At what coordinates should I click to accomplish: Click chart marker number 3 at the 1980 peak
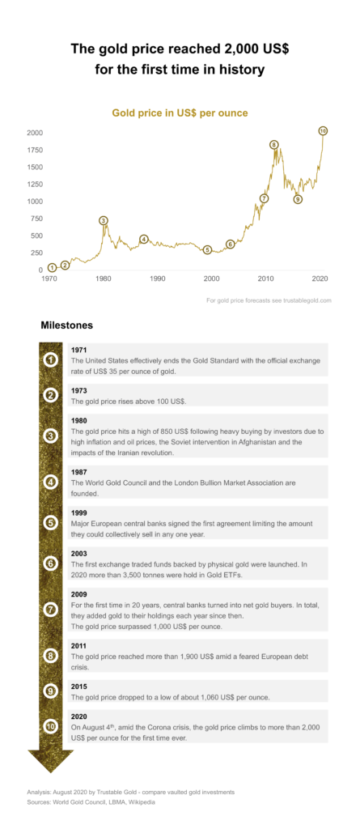104,220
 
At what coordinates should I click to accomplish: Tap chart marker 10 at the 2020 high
323,130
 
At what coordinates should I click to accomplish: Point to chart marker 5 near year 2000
207,249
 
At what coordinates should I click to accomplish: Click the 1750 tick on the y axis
34,150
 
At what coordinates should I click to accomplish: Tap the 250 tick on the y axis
36,253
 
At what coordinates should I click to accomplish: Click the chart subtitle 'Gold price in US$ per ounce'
180,113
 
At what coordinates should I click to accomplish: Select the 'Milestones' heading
66,325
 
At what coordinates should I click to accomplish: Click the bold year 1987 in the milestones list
78,472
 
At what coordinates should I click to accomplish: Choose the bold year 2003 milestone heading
78,554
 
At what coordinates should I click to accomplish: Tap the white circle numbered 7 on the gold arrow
50,610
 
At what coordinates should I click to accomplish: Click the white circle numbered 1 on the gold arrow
50,360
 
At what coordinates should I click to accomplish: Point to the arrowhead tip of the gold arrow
50,773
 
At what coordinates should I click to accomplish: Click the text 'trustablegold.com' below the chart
307,300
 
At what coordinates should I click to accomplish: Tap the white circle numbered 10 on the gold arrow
50,726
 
